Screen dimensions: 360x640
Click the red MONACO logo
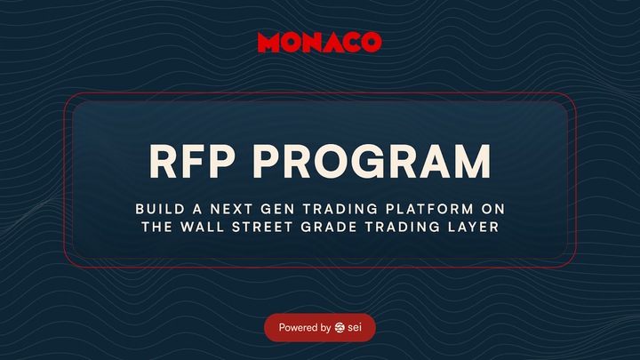(x=319, y=42)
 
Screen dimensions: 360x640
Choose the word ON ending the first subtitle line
(x=494, y=208)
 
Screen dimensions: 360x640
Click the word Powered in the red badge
(x=299, y=328)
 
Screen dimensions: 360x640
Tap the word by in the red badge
(x=326, y=328)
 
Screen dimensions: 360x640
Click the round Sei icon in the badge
(x=340, y=328)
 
